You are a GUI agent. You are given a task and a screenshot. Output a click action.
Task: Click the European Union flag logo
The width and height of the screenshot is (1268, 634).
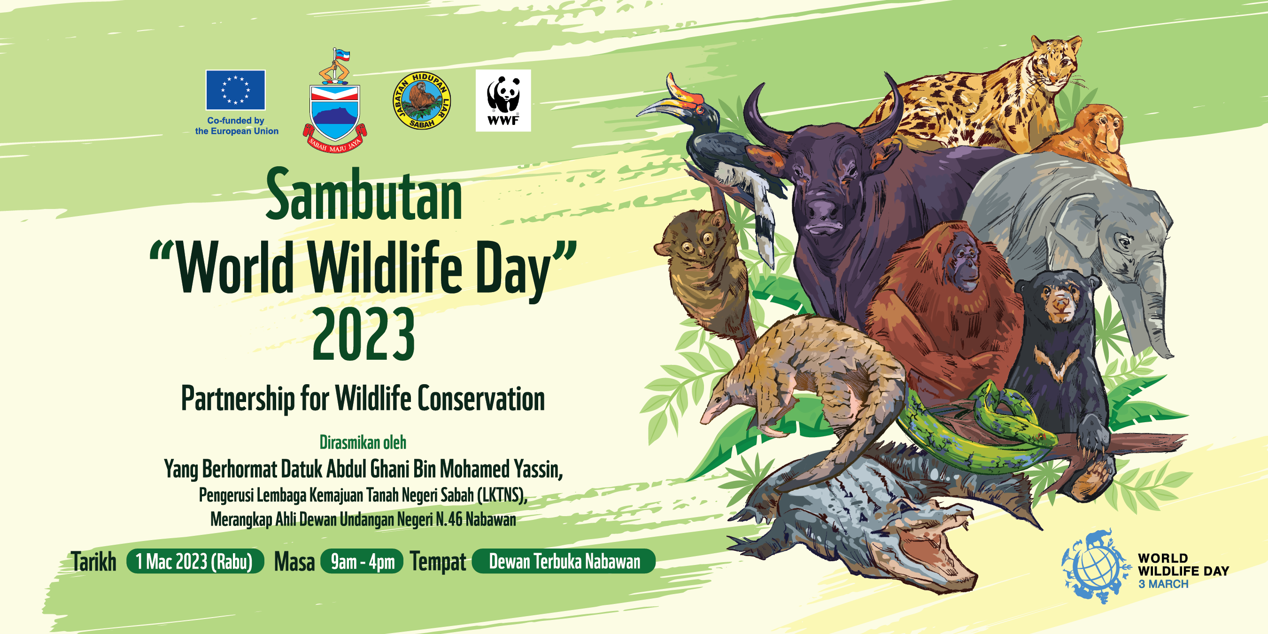tap(235, 90)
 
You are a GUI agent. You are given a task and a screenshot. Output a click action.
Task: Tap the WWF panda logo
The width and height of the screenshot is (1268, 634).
tap(503, 101)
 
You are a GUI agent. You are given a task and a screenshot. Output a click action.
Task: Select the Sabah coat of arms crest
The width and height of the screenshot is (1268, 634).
tap(335, 101)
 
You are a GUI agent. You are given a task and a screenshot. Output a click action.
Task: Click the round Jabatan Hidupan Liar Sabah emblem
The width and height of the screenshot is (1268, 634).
tap(422, 101)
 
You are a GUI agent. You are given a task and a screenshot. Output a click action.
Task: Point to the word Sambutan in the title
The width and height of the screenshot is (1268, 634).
tap(364, 195)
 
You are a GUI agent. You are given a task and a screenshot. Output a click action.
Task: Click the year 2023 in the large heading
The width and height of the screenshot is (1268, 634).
tap(363, 335)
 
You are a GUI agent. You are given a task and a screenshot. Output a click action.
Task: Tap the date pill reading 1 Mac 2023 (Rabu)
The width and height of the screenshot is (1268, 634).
tap(195, 562)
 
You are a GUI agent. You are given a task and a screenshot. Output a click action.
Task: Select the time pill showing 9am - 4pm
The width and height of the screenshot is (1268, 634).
tap(362, 562)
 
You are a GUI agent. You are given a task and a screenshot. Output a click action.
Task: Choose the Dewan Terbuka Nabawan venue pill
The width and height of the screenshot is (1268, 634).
tap(564, 562)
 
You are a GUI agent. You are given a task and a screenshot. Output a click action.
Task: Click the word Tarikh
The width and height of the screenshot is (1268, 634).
tap(93, 562)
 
